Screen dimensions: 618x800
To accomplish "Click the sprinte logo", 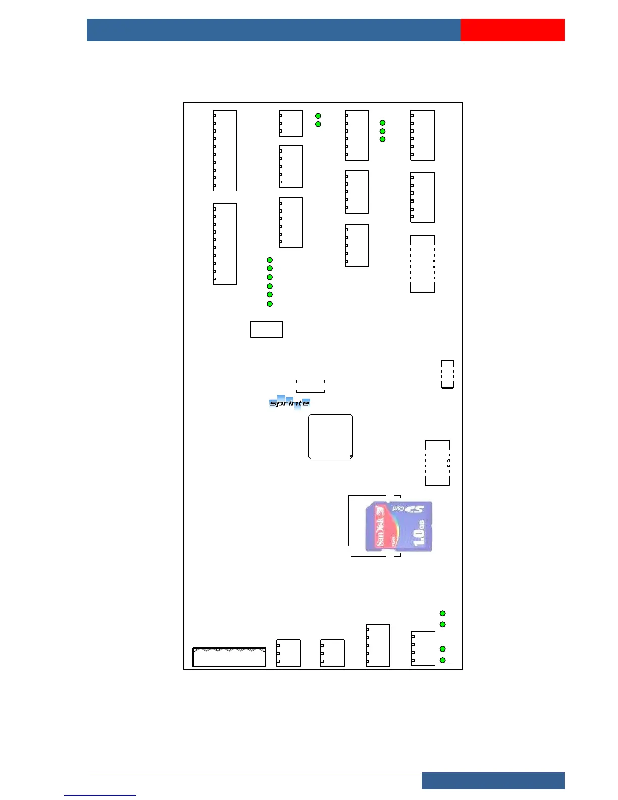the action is point(289,403).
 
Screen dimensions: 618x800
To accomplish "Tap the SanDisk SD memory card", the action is point(398,526).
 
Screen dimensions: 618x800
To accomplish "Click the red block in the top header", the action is point(512,30).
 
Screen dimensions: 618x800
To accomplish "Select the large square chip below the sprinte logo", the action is point(331,437).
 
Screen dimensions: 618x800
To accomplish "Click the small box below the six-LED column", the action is point(267,329).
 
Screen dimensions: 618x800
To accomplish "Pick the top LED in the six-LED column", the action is point(270,260).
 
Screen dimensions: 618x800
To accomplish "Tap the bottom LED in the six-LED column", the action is point(270,304).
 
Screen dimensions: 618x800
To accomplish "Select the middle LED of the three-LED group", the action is point(383,131).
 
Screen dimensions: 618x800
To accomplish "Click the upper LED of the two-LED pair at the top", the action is point(318,116).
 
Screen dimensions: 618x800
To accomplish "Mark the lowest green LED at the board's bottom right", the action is point(443,660).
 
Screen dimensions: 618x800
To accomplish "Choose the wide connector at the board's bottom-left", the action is point(229,657).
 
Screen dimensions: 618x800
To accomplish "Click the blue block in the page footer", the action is point(493,780).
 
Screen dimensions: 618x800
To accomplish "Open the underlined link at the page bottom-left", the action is point(100,795).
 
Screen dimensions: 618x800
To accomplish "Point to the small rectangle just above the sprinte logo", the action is point(310,386).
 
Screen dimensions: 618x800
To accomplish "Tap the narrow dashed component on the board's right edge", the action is point(447,374).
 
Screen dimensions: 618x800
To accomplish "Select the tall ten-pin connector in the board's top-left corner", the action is point(225,151).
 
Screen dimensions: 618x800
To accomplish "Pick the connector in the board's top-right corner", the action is point(423,135).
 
